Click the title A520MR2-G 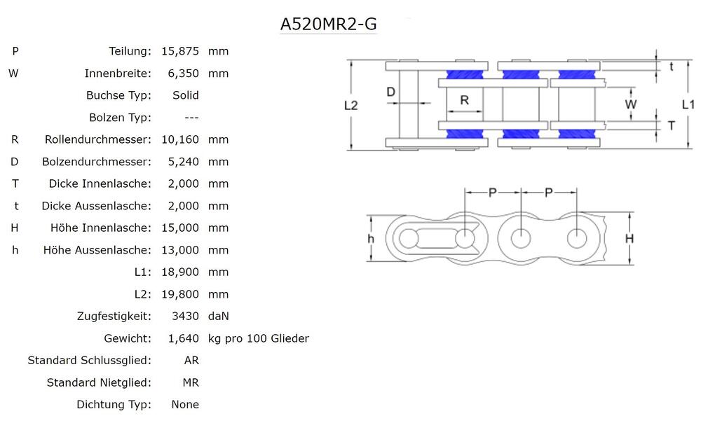tap(328, 24)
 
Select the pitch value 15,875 tap(180, 51)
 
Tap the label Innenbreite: tap(118, 74)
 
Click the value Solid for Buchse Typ tap(185, 95)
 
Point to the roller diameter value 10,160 tap(180, 139)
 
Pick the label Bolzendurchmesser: tap(97, 162)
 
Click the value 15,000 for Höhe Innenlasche tap(180, 228)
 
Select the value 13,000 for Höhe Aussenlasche tap(180, 250)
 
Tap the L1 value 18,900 tap(180, 272)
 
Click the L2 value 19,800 tap(180, 294)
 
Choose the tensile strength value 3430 tap(186, 316)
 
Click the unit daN tap(219, 316)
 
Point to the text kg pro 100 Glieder tap(259, 338)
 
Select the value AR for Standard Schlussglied tap(191, 360)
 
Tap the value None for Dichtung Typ tap(185, 404)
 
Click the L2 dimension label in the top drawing tap(351, 105)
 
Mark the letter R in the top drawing tap(464, 100)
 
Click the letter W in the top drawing tap(631, 104)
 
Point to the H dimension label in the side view tap(629, 239)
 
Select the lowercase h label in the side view tap(372, 239)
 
